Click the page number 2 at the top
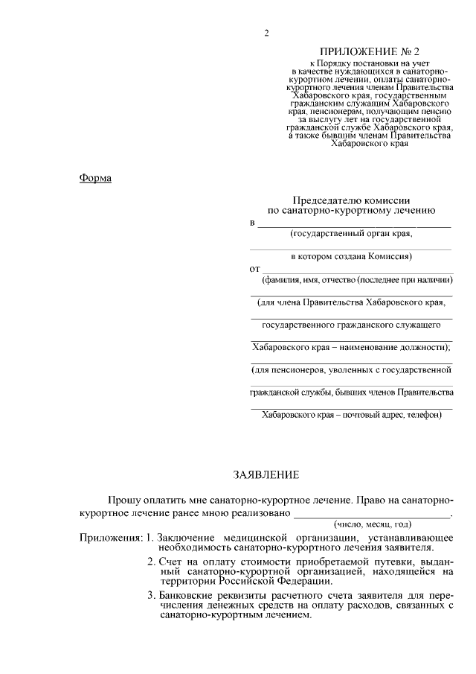tap(266, 34)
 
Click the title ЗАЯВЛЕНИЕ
tap(266, 474)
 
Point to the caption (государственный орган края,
tap(351, 234)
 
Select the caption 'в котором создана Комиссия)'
tap(351, 256)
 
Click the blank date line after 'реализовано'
tap(372, 515)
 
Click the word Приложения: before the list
tap(111, 538)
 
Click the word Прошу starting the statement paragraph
tap(123, 497)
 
